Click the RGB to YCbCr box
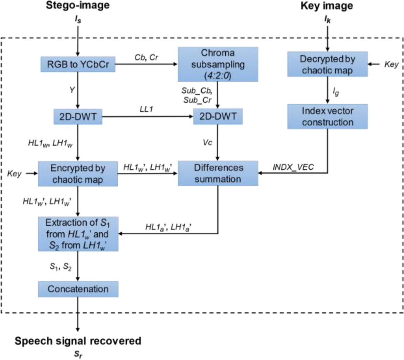point(78,64)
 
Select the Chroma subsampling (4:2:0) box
point(218,64)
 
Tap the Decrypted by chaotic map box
point(327,64)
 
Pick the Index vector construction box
point(327,117)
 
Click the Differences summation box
point(218,173)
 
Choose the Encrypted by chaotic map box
point(78,174)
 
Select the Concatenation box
point(78,289)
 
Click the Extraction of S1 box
point(78,234)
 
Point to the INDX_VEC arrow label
point(293,167)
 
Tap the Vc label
point(207,142)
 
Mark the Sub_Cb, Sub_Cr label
point(197,95)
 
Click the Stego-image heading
point(78,6)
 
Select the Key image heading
point(327,6)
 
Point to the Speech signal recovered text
point(78,341)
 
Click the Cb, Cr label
point(146,57)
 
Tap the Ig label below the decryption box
point(335,91)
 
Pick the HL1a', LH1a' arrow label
point(169,227)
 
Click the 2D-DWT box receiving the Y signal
point(78,117)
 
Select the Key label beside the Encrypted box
point(14,174)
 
